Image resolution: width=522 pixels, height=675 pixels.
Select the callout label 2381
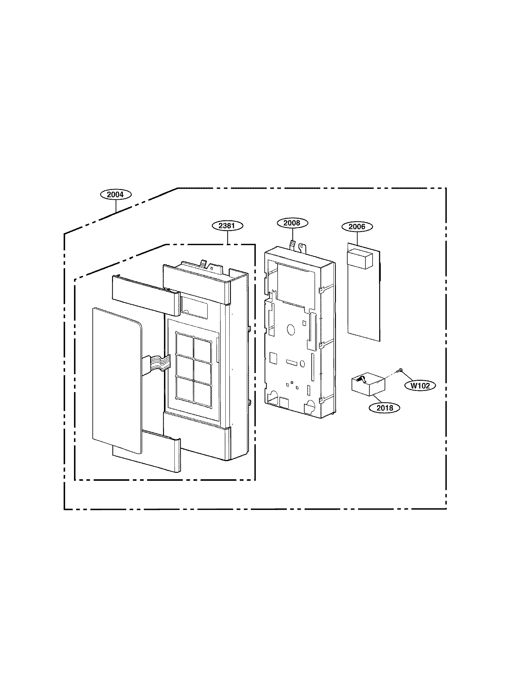tap(227, 226)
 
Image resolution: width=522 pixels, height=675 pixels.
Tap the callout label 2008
tap(292, 222)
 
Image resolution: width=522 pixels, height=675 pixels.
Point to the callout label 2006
tap(357, 226)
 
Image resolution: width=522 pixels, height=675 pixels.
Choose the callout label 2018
tap(384, 408)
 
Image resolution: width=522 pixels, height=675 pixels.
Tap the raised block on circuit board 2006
tap(359, 259)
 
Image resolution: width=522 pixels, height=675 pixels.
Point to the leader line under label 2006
tap(357, 238)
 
